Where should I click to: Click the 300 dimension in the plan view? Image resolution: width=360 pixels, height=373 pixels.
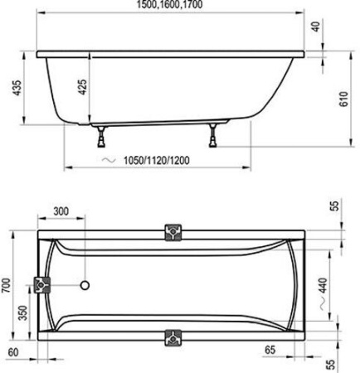pyautogui.click(x=61, y=211)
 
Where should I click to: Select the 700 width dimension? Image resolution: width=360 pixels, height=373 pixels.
pyautogui.click(x=7, y=286)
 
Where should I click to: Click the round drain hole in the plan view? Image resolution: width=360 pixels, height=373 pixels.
pyautogui.click(x=84, y=287)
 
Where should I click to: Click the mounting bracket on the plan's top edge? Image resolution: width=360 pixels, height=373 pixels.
pyautogui.click(x=173, y=233)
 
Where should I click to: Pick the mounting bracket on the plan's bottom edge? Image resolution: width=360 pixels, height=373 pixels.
pyautogui.click(x=173, y=338)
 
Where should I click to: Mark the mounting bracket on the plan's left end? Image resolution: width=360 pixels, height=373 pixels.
pyautogui.click(x=41, y=286)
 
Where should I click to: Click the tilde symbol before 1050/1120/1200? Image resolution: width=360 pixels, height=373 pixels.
pyautogui.click(x=104, y=158)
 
